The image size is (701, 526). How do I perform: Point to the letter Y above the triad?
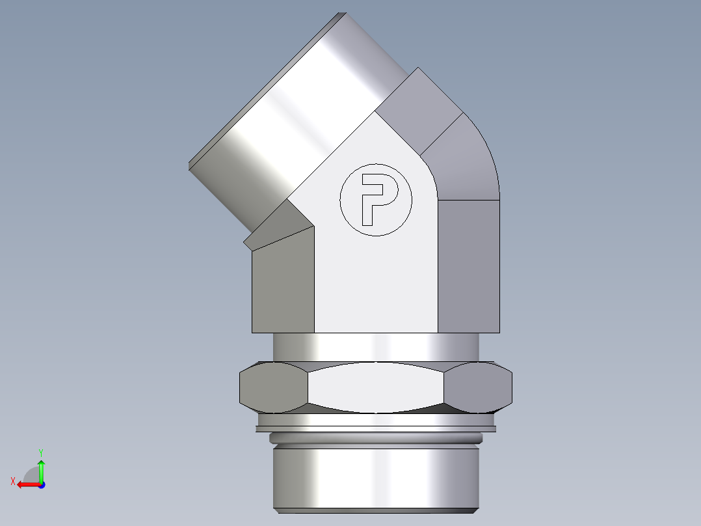pyautogui.click(x=40, y=452)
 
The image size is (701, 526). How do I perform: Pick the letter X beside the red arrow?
pyautogui.click(x=12, y=481)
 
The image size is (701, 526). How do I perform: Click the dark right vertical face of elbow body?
pyautogui.click(x=468, y=267)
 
